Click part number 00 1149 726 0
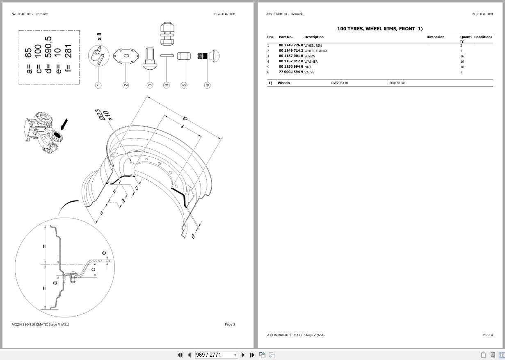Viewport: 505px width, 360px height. click(291, 46)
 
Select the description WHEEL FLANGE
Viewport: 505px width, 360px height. click(316, 51)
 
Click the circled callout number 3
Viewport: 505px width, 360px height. click(150, 85)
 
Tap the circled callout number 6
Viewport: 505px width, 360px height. click(207, 85)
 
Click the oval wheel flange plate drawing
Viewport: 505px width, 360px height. click(126, 56)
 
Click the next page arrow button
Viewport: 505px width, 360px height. click(243, 355)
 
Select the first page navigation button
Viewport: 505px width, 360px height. click(180, 355)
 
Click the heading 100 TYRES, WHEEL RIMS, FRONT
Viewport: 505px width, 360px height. click(379, 29)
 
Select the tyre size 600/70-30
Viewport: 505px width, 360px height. click(397, 83)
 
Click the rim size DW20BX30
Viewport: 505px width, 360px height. click(339, 83)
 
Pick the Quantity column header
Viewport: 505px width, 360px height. click(465, 39)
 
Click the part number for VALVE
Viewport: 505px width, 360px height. click(291, 72)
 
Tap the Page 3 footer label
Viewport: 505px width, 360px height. click(230, 324)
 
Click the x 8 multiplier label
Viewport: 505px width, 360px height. click(99, 36)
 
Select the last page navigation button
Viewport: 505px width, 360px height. click(252, 355)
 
